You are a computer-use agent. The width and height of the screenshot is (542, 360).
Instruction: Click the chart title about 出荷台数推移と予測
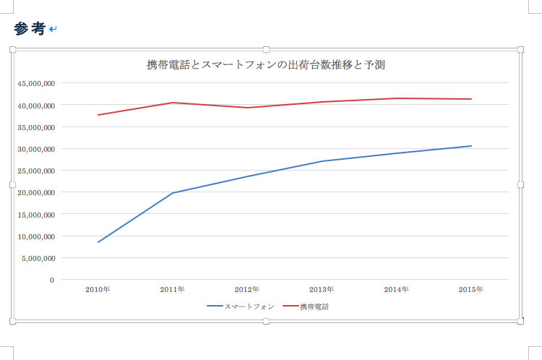point(265,64)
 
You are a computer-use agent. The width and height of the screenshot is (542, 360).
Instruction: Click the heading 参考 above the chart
point(30,28)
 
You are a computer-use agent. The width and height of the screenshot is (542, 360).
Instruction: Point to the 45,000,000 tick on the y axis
point(36,83)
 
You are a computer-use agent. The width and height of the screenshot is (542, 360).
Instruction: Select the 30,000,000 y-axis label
point(36,149)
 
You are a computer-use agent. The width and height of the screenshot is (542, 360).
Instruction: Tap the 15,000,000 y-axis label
point(36,214)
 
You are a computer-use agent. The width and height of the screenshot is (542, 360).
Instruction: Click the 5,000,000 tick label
point(38,258)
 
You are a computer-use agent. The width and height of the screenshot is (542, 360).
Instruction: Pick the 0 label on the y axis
point(52,280)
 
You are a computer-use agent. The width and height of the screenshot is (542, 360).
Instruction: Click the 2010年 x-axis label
point(98,290)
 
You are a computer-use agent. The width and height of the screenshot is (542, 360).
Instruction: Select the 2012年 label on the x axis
point(247,290)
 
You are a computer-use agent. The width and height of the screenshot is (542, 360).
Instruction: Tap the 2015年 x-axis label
point(471,290)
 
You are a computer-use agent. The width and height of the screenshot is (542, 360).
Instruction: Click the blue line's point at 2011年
point(173,193)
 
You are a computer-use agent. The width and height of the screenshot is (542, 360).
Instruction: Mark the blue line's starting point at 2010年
point(98,242)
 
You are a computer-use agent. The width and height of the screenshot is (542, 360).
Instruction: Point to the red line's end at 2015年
point(471,99)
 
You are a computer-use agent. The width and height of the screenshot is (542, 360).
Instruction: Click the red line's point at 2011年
point(173,103)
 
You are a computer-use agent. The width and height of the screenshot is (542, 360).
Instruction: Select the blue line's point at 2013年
point(322,161)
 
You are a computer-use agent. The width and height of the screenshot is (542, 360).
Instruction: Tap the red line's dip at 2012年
point(247,108)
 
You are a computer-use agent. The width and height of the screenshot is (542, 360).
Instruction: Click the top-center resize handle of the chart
point(266,49)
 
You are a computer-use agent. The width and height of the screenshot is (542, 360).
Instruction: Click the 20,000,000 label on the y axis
point(36,192)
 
